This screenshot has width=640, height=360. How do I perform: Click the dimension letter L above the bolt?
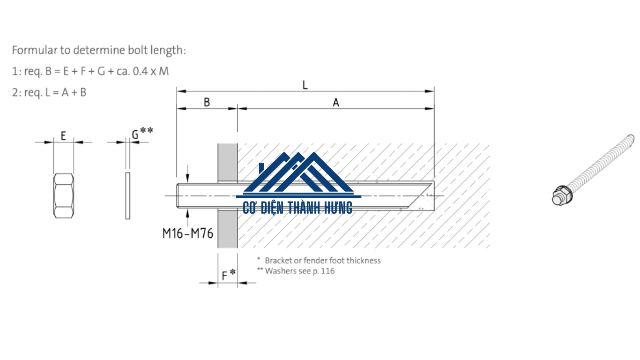point(305,85)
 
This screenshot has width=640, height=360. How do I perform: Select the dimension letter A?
point(336,102)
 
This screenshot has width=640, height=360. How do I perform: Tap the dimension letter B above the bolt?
point(207,102)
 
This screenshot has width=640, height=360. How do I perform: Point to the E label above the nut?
point(63,135)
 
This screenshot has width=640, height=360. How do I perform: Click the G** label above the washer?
point(142,133)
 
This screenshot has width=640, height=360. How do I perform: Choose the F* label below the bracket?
point(229,275)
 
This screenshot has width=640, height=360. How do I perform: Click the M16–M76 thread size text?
point(188,233)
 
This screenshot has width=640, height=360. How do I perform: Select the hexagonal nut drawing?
point(63,196)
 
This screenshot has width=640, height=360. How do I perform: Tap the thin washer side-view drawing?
point(128,196)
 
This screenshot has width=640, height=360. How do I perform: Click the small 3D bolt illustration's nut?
point(562,195)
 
